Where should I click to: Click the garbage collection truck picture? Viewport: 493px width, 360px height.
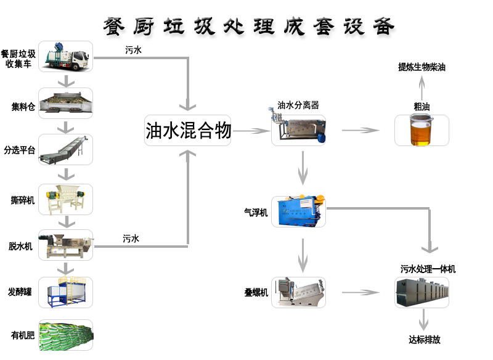coord(66,56)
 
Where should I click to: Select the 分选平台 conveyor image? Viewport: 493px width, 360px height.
coord(66,150)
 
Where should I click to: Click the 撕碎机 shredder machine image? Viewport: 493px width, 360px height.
coord(66,198)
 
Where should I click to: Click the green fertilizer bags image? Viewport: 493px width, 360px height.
coord(66,335)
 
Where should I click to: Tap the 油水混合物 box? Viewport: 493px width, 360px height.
coord(188,131)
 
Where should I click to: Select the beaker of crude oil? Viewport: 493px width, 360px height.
coord(422,130)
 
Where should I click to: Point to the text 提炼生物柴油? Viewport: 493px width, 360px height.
coord(422,68)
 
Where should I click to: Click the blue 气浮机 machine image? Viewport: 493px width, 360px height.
coord(298,210)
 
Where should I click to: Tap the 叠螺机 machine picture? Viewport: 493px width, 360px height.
coord(298,292)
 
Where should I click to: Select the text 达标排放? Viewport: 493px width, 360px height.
coord(424,340)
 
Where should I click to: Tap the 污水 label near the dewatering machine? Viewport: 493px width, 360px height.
coord(131,238)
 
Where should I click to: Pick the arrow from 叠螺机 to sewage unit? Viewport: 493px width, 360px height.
coord(361,292)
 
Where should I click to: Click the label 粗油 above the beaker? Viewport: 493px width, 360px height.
coord(422,106)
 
